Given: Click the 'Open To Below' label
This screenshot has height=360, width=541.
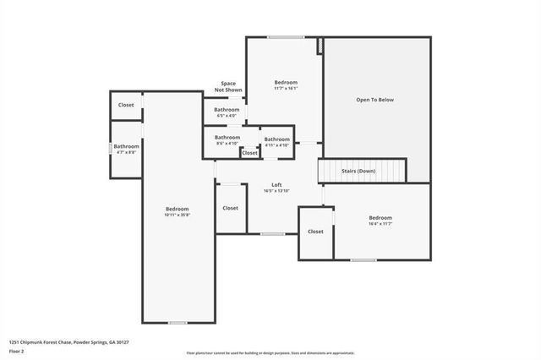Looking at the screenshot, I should (x=374, y=100).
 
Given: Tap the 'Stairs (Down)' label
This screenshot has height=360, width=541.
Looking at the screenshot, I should (x=358, y=171).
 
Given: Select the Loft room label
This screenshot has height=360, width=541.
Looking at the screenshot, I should (x=276, y=185).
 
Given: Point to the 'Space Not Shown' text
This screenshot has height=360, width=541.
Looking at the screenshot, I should (x=228, y=86).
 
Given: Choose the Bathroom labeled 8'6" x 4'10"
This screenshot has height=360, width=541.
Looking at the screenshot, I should (x=227, y=138).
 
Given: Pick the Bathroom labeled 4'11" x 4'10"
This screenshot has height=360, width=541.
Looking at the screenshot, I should (x=277, y=139).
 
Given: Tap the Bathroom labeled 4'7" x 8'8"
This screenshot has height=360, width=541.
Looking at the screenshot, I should (x=127, y=146).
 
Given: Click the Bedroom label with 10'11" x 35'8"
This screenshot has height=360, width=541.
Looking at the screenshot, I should (x=177, y=209).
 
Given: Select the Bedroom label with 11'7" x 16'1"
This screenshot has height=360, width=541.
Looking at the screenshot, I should (x=286, y=82).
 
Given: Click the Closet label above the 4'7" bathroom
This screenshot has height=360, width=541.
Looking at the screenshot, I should (x=126, y=105).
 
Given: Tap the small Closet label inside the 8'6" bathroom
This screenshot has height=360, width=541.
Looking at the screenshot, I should (x=249, y=153).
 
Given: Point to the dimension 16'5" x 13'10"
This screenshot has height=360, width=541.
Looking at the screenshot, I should (x=276, y=191).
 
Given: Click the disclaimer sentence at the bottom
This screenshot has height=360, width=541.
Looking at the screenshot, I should (x=270, y=352).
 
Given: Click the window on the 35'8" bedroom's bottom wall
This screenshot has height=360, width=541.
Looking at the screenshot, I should (x=178, y=323).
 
